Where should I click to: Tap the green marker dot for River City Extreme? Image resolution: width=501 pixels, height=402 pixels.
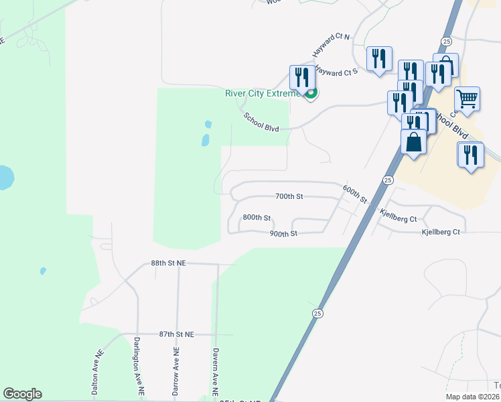pyautogui.click(x=311, y=94)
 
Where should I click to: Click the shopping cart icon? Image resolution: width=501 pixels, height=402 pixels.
pyautogui.click(x=468, y=98)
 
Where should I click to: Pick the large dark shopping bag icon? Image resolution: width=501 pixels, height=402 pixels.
pyautogui.click(x=414, y=142)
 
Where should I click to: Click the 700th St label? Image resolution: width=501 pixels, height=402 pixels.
pyautogui.click(x=289, y=196)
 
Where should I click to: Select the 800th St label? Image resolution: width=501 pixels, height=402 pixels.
pyautogui.click(x=257, y=218)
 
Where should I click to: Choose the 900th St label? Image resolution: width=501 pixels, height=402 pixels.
pyautogui.click(x=283, y=234)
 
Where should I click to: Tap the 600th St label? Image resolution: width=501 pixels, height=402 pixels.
pyautogui.click(x=355, y=194)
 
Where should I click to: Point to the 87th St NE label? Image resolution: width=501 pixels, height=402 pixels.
pyautogui.click(x=176, y=334)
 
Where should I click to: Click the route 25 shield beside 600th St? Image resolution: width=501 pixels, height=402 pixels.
pyautogui.click(x=388, y=180)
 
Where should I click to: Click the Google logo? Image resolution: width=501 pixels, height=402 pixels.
pyautogui.click(x=22, y=394)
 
